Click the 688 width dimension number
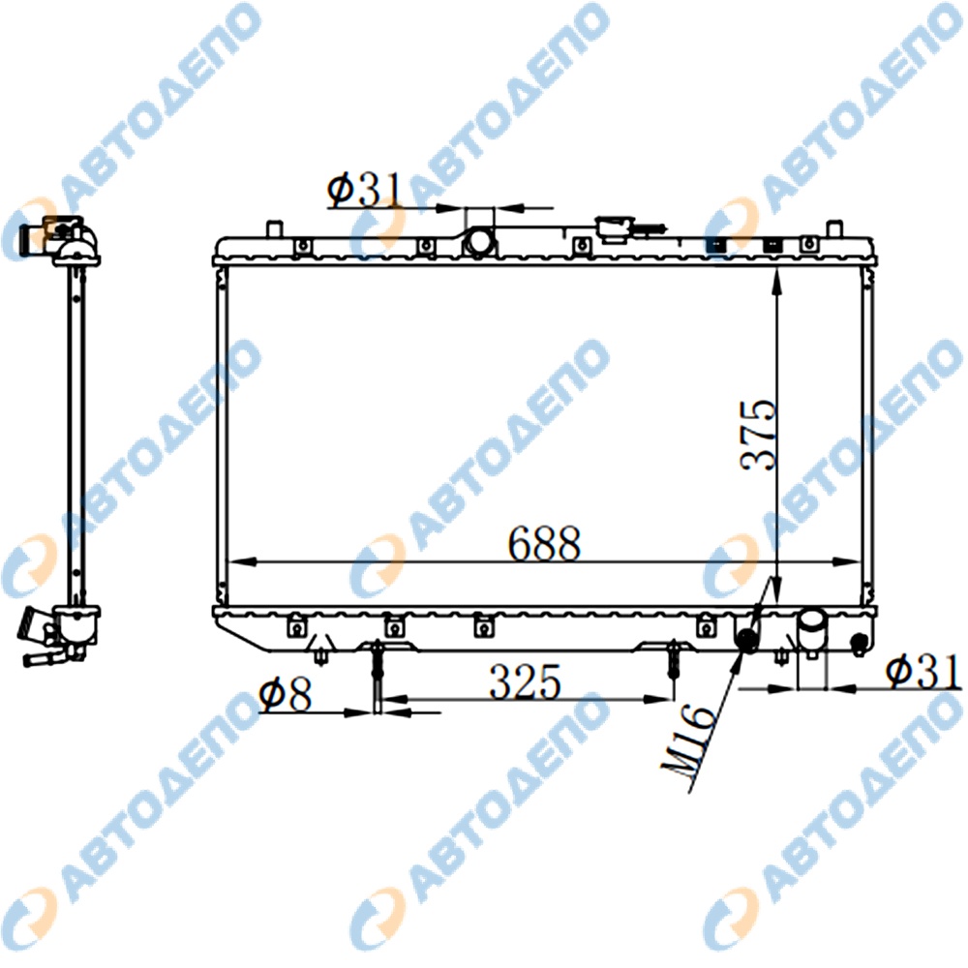tap(544, 544)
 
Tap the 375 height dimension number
tap(758, 435)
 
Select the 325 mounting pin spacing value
tap(526, 681)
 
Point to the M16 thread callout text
tap(690, 747)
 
